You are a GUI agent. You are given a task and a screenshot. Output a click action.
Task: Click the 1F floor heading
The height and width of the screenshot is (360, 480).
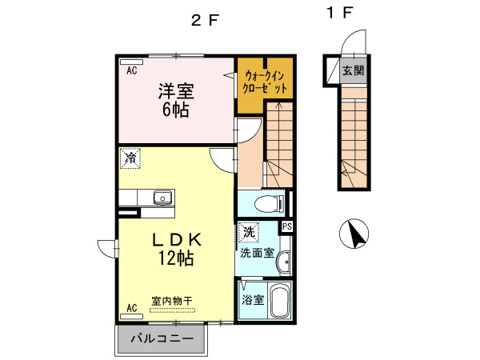339,13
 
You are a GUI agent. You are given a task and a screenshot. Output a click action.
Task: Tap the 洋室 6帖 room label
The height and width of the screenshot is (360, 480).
175,100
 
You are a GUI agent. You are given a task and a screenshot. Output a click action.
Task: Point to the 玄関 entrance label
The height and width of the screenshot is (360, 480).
353,71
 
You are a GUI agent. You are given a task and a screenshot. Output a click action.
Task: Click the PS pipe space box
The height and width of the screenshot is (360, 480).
287,227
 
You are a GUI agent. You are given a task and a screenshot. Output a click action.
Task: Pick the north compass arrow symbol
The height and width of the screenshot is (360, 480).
354,234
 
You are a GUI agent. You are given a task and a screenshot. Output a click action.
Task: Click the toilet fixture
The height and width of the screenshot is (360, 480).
274,203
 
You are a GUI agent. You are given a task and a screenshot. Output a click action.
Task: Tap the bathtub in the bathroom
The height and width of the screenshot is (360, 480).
279,301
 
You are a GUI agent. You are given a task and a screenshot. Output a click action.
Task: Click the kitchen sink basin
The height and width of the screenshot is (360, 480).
163,197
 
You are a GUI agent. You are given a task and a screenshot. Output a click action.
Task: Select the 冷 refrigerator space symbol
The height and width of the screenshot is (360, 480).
130,159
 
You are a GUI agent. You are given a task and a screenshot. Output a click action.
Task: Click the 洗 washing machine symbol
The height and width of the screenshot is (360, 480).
248,233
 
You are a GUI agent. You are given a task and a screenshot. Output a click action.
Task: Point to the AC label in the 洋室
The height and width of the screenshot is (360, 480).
131,70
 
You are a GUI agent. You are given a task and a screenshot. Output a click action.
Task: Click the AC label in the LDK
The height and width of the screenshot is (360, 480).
131,306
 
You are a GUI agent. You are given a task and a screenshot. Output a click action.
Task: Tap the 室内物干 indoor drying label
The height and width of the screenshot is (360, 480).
172,302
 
